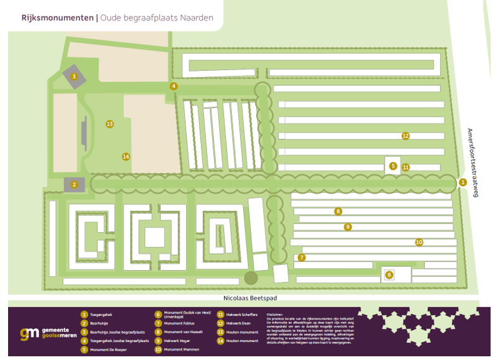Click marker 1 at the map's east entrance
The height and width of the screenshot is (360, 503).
[x=463, y=182]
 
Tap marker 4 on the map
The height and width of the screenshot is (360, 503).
[x=174, y=86]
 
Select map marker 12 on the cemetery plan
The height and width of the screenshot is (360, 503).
[x=406, y=135]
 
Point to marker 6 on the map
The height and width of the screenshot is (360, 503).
[x=389, y=274]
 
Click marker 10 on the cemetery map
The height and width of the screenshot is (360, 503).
[x=419, y=241]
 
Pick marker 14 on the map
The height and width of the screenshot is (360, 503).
[x=126, y=156]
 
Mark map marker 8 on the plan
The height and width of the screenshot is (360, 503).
[x=338, y=211]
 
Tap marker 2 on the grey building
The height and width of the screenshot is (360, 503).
[x=74, y=184]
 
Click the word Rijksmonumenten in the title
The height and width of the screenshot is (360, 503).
[x=58, y=18]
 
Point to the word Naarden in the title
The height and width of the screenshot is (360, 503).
[x=197, y=18]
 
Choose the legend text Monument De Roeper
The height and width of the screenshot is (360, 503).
[x=108, y=349]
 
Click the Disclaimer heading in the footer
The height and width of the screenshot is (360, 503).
[x=274, y=315]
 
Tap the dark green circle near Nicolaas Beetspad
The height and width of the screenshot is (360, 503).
[x=251, y=277]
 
